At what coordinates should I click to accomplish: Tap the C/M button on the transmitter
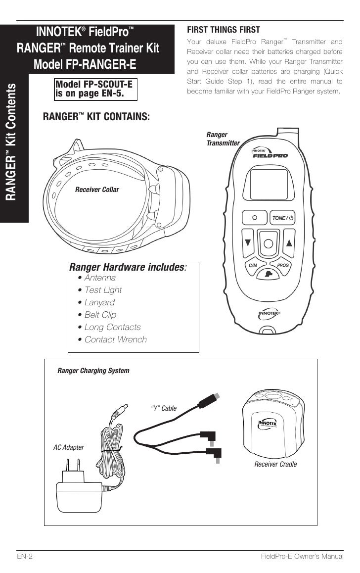pyautogui.click(x=253, y=265)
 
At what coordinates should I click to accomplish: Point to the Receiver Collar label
pyautogui.click(x=97, y=190)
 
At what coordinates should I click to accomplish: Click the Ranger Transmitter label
pyautogui.click(x=223, y=139)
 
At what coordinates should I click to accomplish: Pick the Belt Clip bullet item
pyautogui.click(x=100, y=315)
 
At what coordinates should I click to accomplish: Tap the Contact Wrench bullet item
pyautogui.click(x=115, y=339)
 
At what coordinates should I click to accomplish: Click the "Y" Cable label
pyautogui.click(x=163, y=408)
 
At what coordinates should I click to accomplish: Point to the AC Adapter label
pyautogui.click(x=68, y=447)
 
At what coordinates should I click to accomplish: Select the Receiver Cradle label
pyautogui.click(x=275, y=464)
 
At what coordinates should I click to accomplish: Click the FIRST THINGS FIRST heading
pyautogui.click(x=223, y=30)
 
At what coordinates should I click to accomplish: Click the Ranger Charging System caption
pyautogui.click(x=93, y=371)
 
